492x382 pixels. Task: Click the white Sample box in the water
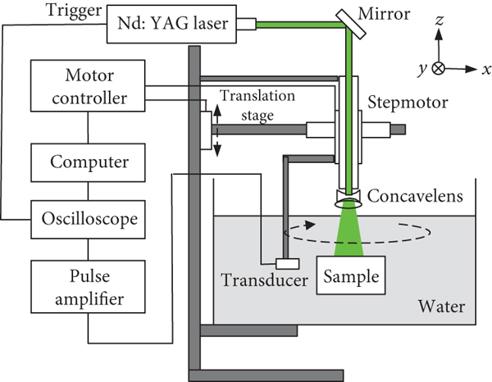352,276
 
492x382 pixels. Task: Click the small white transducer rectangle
287,263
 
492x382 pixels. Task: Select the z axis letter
440,37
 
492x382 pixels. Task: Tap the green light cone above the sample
351,229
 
